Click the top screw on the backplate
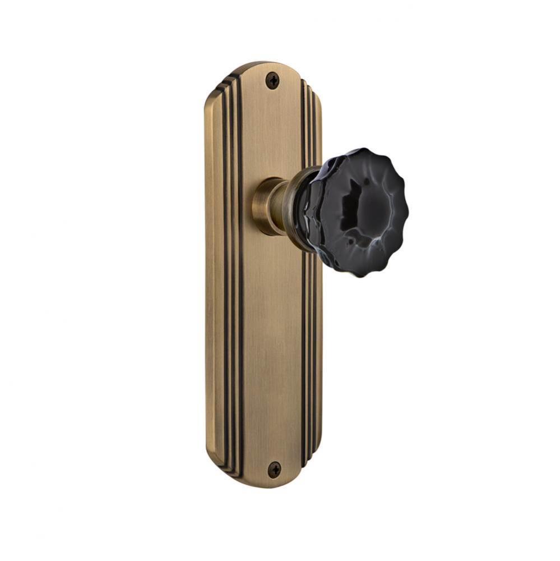tap(273, 81)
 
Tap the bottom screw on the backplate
tap(274, 469)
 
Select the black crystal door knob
tap(357, 212)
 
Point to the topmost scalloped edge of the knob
tap(359, 151)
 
